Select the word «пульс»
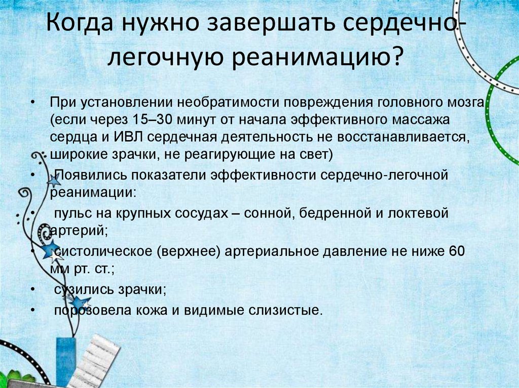click(x=69, y=213)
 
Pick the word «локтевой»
click(x=419, y=213)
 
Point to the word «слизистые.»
click(x=287, y=310)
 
